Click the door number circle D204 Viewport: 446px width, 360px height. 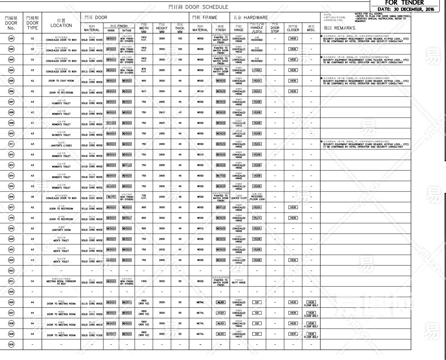coord(11,70)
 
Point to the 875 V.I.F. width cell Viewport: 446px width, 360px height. coord(144,70)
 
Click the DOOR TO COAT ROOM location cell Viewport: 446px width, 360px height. coord(61,81)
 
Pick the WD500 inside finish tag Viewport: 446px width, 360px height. coord(111,197)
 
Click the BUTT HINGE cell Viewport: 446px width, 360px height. coord(239,282)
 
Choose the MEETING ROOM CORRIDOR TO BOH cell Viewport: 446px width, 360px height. coord(61,282)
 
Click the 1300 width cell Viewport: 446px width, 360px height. coord(144,281)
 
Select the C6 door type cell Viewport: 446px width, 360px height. coord(32,197)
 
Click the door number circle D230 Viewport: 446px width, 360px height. coord(11,345)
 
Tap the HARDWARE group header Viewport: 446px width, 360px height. coord(251,18)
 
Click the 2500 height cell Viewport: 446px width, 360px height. coord(162,197)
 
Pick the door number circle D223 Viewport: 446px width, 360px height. coord(11,271)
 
